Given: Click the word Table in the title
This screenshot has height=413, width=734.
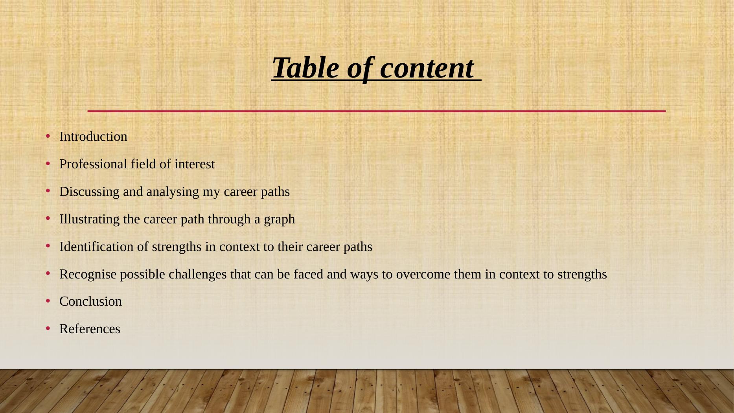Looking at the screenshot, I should (305, 68).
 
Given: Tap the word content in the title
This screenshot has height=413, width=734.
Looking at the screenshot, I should (427, 68).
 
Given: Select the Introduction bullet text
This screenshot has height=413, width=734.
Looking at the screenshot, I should (93, 136).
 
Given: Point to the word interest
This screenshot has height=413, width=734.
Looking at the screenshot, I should (195, 164).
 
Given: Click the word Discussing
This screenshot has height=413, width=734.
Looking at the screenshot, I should (89, 192).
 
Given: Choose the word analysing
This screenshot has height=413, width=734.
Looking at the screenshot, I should (173, 192).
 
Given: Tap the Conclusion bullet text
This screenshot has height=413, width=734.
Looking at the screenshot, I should (90, 301).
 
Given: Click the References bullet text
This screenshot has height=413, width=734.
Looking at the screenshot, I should (90, 329).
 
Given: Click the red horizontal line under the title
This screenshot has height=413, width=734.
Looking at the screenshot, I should (376, 111).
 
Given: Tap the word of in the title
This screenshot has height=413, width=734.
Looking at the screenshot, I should (359, 68).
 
